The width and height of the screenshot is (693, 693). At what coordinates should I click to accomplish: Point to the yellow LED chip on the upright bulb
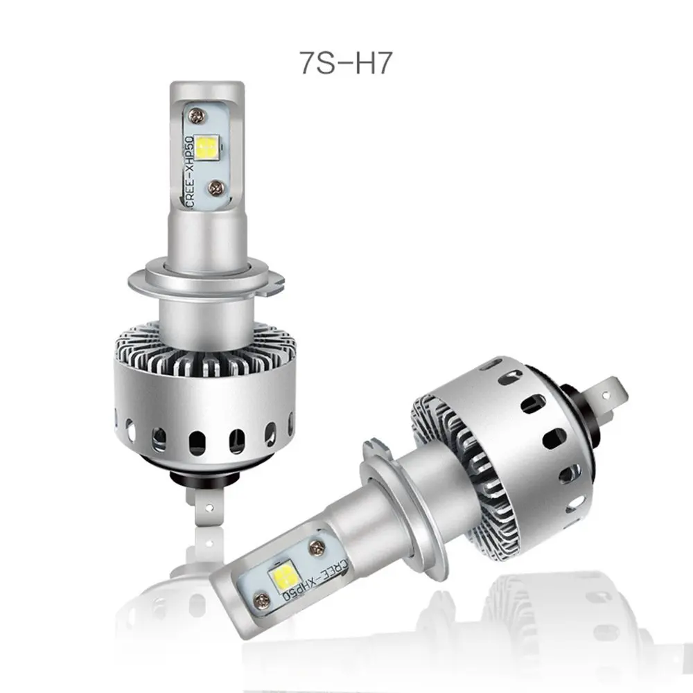coord(206,147)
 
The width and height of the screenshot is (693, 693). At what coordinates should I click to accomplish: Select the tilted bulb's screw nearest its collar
coord(319,547)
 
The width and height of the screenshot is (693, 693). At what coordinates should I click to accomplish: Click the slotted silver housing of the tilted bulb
coord(527,444)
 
